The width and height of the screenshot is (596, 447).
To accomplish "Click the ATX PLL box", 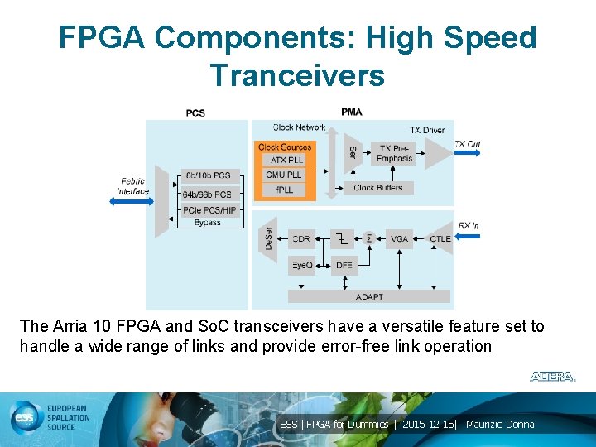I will pos(285,160).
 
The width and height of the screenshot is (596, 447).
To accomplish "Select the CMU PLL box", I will pos(285,175).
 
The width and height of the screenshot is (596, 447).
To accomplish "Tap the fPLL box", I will pos(285,190).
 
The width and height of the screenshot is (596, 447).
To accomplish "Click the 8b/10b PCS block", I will pos(209,175).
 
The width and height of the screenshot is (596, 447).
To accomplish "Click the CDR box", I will pos(301,238).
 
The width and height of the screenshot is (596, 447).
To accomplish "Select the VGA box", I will pos(400,238).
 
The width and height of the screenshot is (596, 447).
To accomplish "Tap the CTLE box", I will pos(440,238).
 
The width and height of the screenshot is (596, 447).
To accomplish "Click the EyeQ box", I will pos(301,265).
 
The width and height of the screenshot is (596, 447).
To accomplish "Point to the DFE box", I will pos(344,265).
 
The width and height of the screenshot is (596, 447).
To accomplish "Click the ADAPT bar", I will pos(369,296).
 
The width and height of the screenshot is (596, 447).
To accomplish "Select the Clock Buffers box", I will pos(378,188).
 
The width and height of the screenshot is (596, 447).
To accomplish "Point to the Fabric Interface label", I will pos(132,186).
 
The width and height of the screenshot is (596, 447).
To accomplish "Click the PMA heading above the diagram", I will pos(351,112).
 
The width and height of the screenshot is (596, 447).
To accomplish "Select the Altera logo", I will pos(552,377).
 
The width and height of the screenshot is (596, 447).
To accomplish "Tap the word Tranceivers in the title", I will pos(297,75).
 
